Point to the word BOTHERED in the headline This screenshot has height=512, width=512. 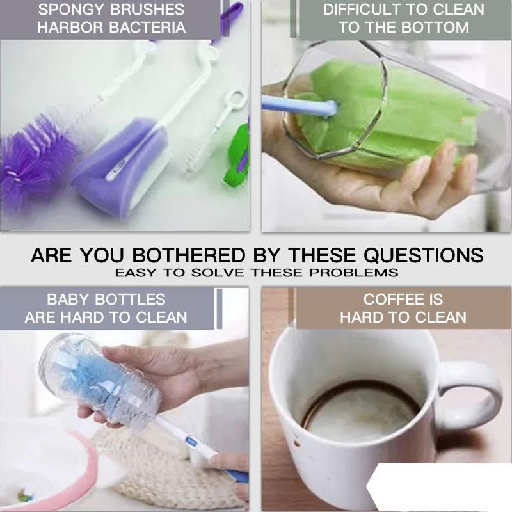coord(189,255)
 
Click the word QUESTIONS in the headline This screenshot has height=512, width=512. coord(424,255)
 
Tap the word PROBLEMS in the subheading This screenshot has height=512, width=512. coord(354,273)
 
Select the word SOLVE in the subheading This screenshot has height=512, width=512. coord(218,273)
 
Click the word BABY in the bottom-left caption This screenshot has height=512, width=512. coord(68,299)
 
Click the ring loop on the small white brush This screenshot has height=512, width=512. coord(236,100)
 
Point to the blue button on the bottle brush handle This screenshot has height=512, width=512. coord(191,442)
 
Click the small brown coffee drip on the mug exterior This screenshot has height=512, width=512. coord(296,444)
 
